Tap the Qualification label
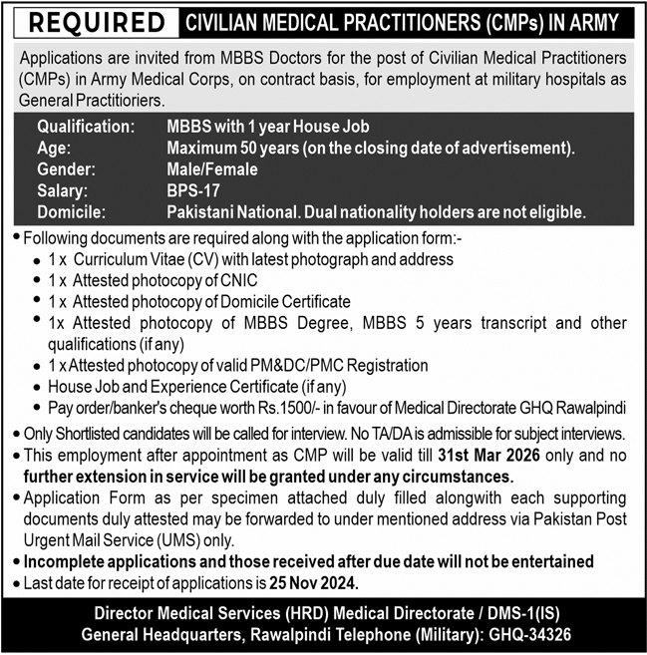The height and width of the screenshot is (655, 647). tap(86, 127)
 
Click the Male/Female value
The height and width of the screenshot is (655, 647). tap(212, 169)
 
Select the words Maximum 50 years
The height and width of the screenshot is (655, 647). tap(228, 148)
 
